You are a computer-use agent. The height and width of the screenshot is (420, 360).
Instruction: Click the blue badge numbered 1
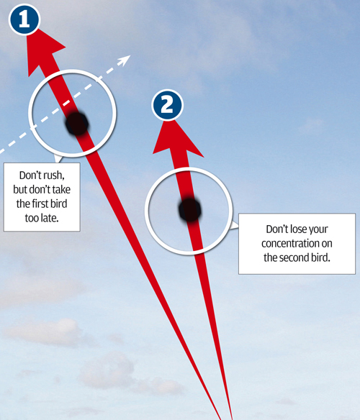[x=24, y=19]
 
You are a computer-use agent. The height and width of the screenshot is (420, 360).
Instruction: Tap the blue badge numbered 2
[x=167, y=105]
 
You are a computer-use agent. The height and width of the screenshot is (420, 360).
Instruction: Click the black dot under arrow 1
[x=77, y=124]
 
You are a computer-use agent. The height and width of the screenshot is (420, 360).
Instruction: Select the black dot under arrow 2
[x=190, y=210]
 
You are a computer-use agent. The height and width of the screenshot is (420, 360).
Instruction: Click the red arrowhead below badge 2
[x=177, y=140]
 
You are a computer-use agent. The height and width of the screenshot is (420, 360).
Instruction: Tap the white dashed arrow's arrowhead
[x=125, y=60]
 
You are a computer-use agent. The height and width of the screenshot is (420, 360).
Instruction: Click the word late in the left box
[x=49, y=218]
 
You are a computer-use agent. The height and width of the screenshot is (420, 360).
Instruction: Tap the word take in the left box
[x=61, y=190]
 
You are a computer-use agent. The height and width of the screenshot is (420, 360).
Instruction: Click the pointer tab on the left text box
[x=58, y=159]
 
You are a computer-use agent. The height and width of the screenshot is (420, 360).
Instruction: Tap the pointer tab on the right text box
[x=235, y=226]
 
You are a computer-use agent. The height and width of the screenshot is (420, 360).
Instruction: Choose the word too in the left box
[x=32, y=218]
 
